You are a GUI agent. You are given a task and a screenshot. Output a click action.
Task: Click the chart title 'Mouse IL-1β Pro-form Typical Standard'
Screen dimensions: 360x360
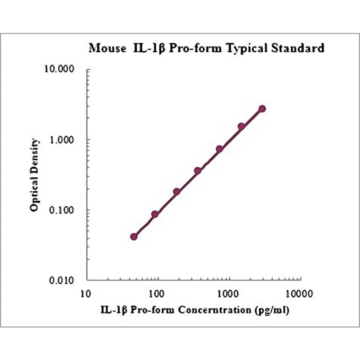(206, 48)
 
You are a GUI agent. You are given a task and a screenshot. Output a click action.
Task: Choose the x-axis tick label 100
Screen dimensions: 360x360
(157, 294)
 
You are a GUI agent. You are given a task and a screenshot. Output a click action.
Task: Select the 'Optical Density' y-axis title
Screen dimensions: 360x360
(34, 175)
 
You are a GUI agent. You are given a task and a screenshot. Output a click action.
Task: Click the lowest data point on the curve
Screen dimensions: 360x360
(134, 237)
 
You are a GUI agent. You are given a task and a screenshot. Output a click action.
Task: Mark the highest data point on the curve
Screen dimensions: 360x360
(262, 109)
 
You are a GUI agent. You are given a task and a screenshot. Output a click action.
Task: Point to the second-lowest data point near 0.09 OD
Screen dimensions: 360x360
(155, 214)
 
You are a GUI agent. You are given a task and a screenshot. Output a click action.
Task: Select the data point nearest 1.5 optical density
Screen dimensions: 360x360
(241, 126)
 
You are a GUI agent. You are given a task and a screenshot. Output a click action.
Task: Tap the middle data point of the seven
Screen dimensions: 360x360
(198, 171)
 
